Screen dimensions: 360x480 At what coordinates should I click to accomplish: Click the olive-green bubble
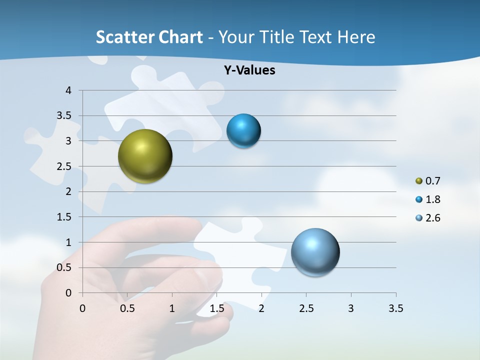pos(145,156)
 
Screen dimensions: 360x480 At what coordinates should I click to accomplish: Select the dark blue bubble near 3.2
pos(243,131)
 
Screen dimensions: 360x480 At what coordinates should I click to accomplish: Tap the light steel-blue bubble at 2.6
pos(315,252)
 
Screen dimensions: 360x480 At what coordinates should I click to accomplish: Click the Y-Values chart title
pos(249,70)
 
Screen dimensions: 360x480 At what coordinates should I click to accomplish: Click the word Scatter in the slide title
pos(125,37)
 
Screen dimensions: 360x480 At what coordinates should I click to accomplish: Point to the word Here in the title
pos(356,37)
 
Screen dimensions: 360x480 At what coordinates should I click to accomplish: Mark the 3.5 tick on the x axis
pos(395,308)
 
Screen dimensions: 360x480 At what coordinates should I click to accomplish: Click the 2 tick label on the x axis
pos(261,308)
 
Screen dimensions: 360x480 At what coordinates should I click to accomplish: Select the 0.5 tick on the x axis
pos(127,308)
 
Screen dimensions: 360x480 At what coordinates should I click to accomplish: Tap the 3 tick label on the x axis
pos(351,308)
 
